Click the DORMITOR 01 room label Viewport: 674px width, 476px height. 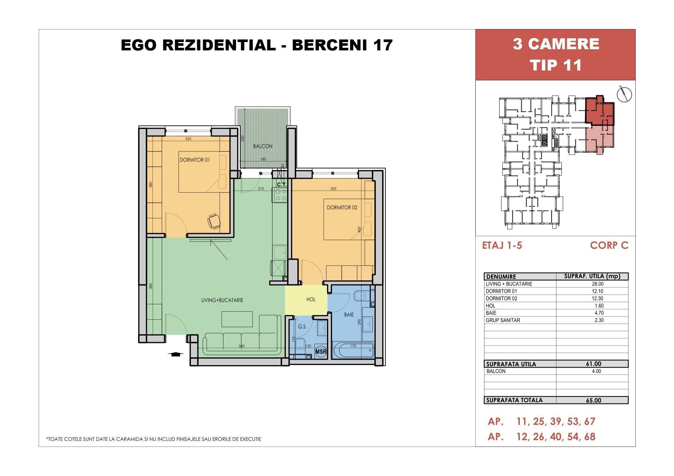[x=195, y=160]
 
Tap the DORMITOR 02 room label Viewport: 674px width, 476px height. [x=342, y=207]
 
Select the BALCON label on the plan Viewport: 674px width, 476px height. [x=263, y=146]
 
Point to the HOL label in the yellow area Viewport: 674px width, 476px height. [x=311, y=299]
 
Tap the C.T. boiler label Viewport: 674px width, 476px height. [x=282, y=185]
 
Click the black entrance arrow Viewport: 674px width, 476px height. [x=175, y=354]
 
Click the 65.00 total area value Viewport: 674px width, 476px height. [x=594, y=400]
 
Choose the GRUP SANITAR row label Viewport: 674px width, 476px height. [x=503, y=320]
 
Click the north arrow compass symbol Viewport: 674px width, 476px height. [x=624, y=94]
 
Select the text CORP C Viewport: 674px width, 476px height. [x=609, y=245]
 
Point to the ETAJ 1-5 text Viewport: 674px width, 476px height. [x=502, y=245]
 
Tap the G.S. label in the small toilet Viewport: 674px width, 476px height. [x=302, y=326]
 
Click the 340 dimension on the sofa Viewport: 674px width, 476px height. [x=241, y=346]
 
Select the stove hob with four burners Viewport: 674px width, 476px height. [x=281, y=195]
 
